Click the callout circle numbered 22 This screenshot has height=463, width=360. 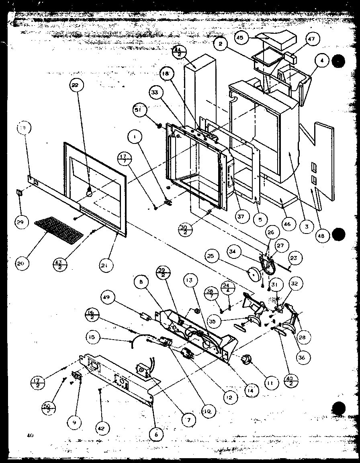pos(75,85)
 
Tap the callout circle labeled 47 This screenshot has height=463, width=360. pos(313,39)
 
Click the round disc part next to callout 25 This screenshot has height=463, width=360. pos(254,275)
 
